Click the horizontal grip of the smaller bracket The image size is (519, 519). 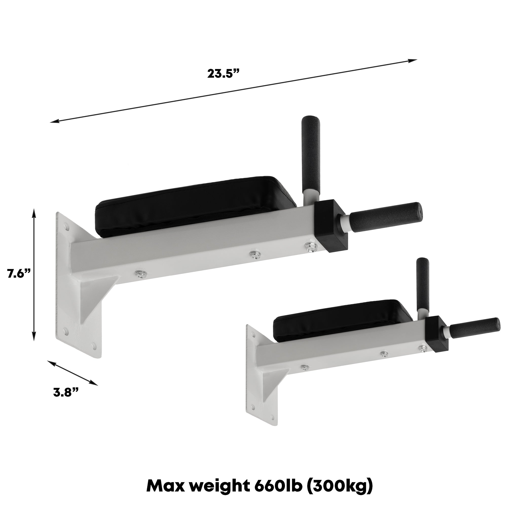click(474, 328)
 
